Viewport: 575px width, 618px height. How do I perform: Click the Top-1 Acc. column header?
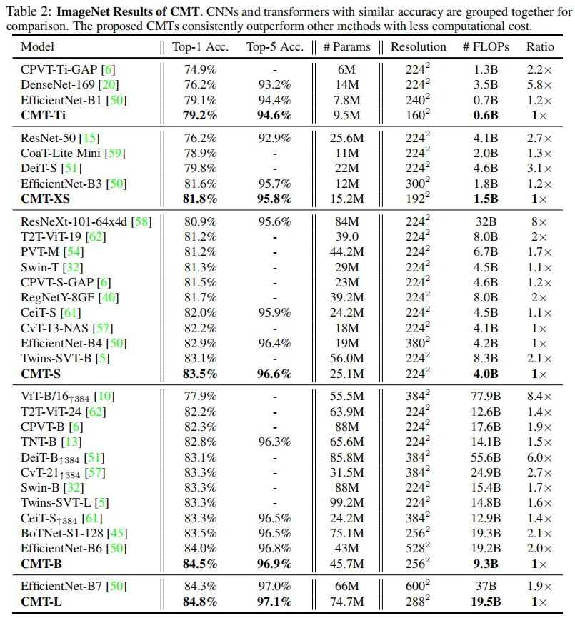click(x=200, y=47)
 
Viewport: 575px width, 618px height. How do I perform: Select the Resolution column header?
click(x=418, y=47)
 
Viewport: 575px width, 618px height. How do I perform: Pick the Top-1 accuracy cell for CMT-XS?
click(x=200, y=199)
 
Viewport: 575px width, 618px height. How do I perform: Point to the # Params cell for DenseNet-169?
click(x=346, y=84)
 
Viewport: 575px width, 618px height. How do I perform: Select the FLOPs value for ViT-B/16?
click(x=486, y=397)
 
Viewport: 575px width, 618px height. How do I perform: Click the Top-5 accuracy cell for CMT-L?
click(x=274, y=602)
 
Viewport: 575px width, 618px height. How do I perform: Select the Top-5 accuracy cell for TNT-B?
click(x=274, y=442)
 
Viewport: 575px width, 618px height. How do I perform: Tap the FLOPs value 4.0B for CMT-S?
click(x=486, y=374)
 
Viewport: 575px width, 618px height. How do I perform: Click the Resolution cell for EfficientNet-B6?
click(x=418, y=548)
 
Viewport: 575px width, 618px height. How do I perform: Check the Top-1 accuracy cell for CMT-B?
click(x=200, y=563)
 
